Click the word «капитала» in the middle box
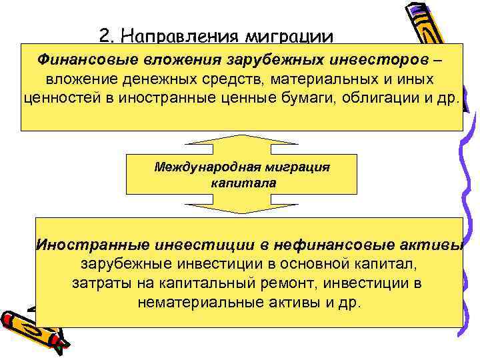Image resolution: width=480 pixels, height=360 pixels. click(x=241, y=182)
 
